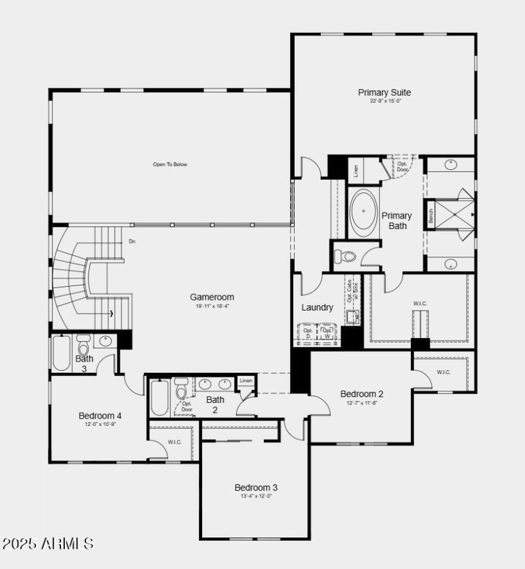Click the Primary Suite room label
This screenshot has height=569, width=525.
point(384,93)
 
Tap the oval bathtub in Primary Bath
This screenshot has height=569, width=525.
point(362,211)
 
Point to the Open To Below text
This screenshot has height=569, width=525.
point(170,164)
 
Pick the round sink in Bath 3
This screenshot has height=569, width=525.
point(106,341)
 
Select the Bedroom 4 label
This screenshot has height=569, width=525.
point(100,415)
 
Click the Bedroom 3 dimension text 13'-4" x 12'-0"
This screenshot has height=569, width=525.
point(256,496)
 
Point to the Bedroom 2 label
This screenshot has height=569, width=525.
point(362,394)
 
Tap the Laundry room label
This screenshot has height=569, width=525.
point(317,307)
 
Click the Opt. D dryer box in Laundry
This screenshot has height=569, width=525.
point(308,333)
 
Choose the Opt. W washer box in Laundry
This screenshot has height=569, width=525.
point(328,333)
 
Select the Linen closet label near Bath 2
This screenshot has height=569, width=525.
point(246,381)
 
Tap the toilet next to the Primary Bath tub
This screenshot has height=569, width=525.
point(345,256)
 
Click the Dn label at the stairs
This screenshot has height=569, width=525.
point(132,242)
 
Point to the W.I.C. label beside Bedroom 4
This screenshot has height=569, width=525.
point(174,442)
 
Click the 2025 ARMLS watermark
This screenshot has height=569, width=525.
point(48,544)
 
